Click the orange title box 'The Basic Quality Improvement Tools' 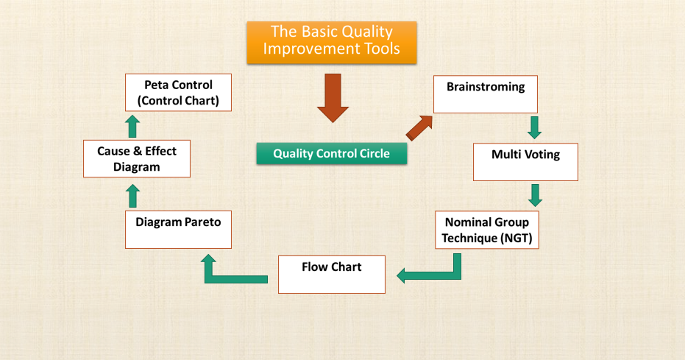[331, 41]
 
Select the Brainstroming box [485, 94]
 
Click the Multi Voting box [525, 162]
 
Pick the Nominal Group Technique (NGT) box [486, 230]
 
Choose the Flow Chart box [331, 274]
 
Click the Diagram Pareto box [178, 229]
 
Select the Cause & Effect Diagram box [137, 158]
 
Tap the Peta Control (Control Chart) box [178, 91]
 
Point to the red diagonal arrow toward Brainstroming [419, 127]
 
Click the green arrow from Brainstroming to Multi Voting [535, 127]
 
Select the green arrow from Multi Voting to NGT [535, 194]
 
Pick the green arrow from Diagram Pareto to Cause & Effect [132, 196]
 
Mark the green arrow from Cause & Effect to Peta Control [132, 126]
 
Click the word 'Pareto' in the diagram [200, 222]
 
